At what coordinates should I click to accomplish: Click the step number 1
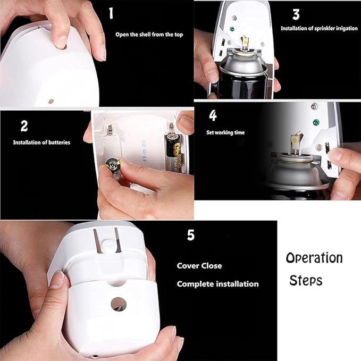[x=111, y=13]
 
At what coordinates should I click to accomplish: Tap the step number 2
[x=24, y=126]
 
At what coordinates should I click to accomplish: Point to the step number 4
[x=213, y=115]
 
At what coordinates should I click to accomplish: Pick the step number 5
[x=191, y=235]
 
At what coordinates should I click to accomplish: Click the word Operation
[x=314, y=258]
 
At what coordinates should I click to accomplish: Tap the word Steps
[x=306, y=280]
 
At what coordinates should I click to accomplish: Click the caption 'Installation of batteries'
[x=41, y=142]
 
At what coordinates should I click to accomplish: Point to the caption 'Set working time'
[x=225, y=132]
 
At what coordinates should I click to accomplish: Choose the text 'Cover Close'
[x=199, y=265]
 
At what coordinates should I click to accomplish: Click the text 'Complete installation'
[x=217, y=284]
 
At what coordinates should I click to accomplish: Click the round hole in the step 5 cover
[x=119, y=304]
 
